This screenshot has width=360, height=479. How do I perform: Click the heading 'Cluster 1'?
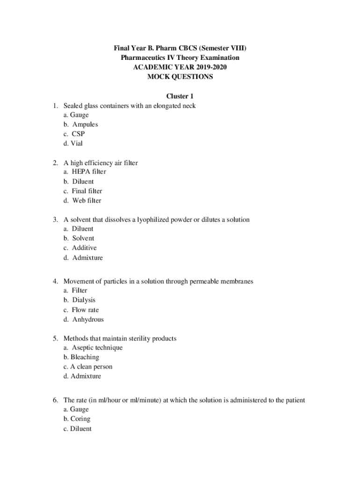(180, 96)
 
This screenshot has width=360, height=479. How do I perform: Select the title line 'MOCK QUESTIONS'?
(180, 77)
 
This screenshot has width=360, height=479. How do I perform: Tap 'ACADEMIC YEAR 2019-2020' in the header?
(180, 67)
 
